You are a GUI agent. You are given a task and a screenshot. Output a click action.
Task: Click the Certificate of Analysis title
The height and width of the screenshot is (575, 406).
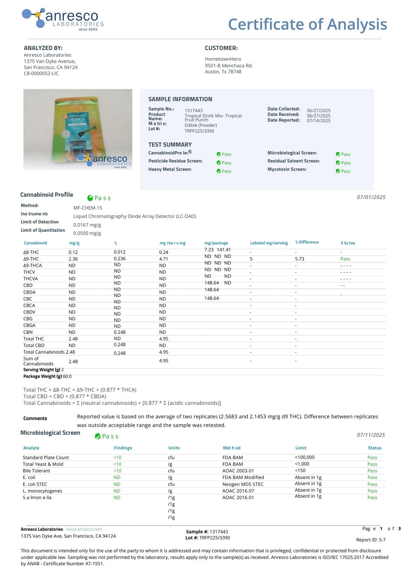[307, 24]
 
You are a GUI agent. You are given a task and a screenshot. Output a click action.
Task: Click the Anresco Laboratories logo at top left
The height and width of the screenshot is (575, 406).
[63, 19]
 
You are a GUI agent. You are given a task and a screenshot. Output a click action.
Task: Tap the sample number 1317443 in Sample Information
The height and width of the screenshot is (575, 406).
[194, 111]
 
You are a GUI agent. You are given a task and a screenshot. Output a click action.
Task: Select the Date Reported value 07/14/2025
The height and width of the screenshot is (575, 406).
[319, 121]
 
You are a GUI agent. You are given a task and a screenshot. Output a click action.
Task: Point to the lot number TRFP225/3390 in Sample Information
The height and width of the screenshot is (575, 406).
[199, 131]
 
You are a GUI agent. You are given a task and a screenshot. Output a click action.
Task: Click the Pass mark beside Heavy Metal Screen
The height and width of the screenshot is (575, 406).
[224, 171]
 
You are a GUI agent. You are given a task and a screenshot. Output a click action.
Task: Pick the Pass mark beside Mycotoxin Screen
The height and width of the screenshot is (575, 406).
[343, 171]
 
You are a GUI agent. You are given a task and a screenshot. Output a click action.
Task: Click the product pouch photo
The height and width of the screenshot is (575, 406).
[78, 129]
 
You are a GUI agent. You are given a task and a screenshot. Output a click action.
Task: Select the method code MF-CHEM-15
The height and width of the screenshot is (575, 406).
[88, 208]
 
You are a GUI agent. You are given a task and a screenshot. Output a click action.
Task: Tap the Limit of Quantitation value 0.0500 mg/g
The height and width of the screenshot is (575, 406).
[87, 233]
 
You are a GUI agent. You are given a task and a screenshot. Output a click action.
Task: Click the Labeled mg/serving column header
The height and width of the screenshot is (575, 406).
[269, 243]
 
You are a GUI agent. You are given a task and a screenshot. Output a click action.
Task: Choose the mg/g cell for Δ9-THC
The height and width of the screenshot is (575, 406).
[73, 259]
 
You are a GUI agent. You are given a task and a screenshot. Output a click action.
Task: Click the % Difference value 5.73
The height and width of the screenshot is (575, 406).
[299, 259]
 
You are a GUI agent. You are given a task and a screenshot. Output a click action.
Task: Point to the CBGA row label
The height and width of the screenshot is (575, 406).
[29, 325]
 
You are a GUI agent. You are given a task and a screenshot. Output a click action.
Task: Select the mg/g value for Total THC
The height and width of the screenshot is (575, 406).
[73, 339]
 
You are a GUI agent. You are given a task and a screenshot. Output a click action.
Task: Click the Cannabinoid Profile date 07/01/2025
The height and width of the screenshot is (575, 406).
[371, 197]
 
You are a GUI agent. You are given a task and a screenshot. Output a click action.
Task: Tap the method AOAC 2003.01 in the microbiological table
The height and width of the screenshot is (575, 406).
[238, 471]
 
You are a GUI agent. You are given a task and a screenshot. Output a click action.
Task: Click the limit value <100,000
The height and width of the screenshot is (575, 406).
[305, 457]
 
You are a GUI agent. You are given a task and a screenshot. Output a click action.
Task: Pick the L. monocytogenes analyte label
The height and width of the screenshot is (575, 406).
[42, 491]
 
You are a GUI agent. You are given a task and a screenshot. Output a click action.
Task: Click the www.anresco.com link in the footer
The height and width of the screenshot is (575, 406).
[84, 529]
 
